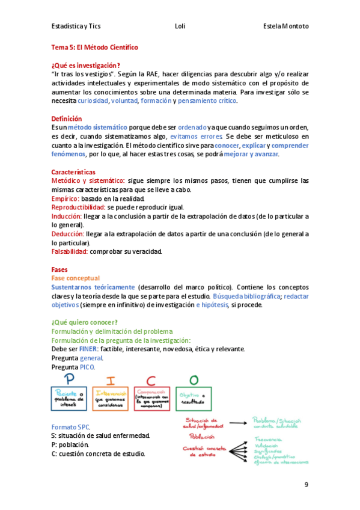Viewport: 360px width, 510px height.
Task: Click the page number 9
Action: pyautogui.click(x=306, y=485)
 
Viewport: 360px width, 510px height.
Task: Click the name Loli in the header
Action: pyautogui.click(x=180, y=26)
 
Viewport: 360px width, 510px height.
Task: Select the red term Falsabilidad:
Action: pyautogui.click(x=70, y=251)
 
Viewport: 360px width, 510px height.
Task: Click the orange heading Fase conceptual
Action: pyautogui.click(x=76, y=278)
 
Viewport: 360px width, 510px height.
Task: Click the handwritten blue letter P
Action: pyautogui.click(x=72, y=379)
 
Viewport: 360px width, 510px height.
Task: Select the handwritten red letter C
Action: pyautogui.click(x=151, y=379)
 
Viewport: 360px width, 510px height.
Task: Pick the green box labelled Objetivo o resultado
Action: pyautogui.click(x=194, y=398)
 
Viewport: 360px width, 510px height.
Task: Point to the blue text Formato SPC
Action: pyautogui.click(x=70, y=426)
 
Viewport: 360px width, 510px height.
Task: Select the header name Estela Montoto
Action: pyautogui.click(x=285, y=26)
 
